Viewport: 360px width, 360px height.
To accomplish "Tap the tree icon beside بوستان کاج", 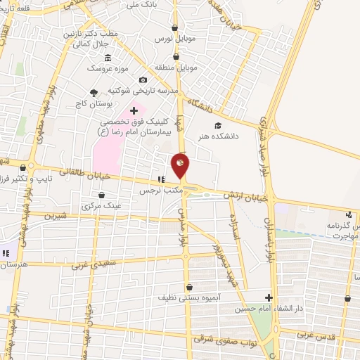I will pos(94,92).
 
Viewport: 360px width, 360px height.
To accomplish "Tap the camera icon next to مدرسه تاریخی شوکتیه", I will pos(143,80).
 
